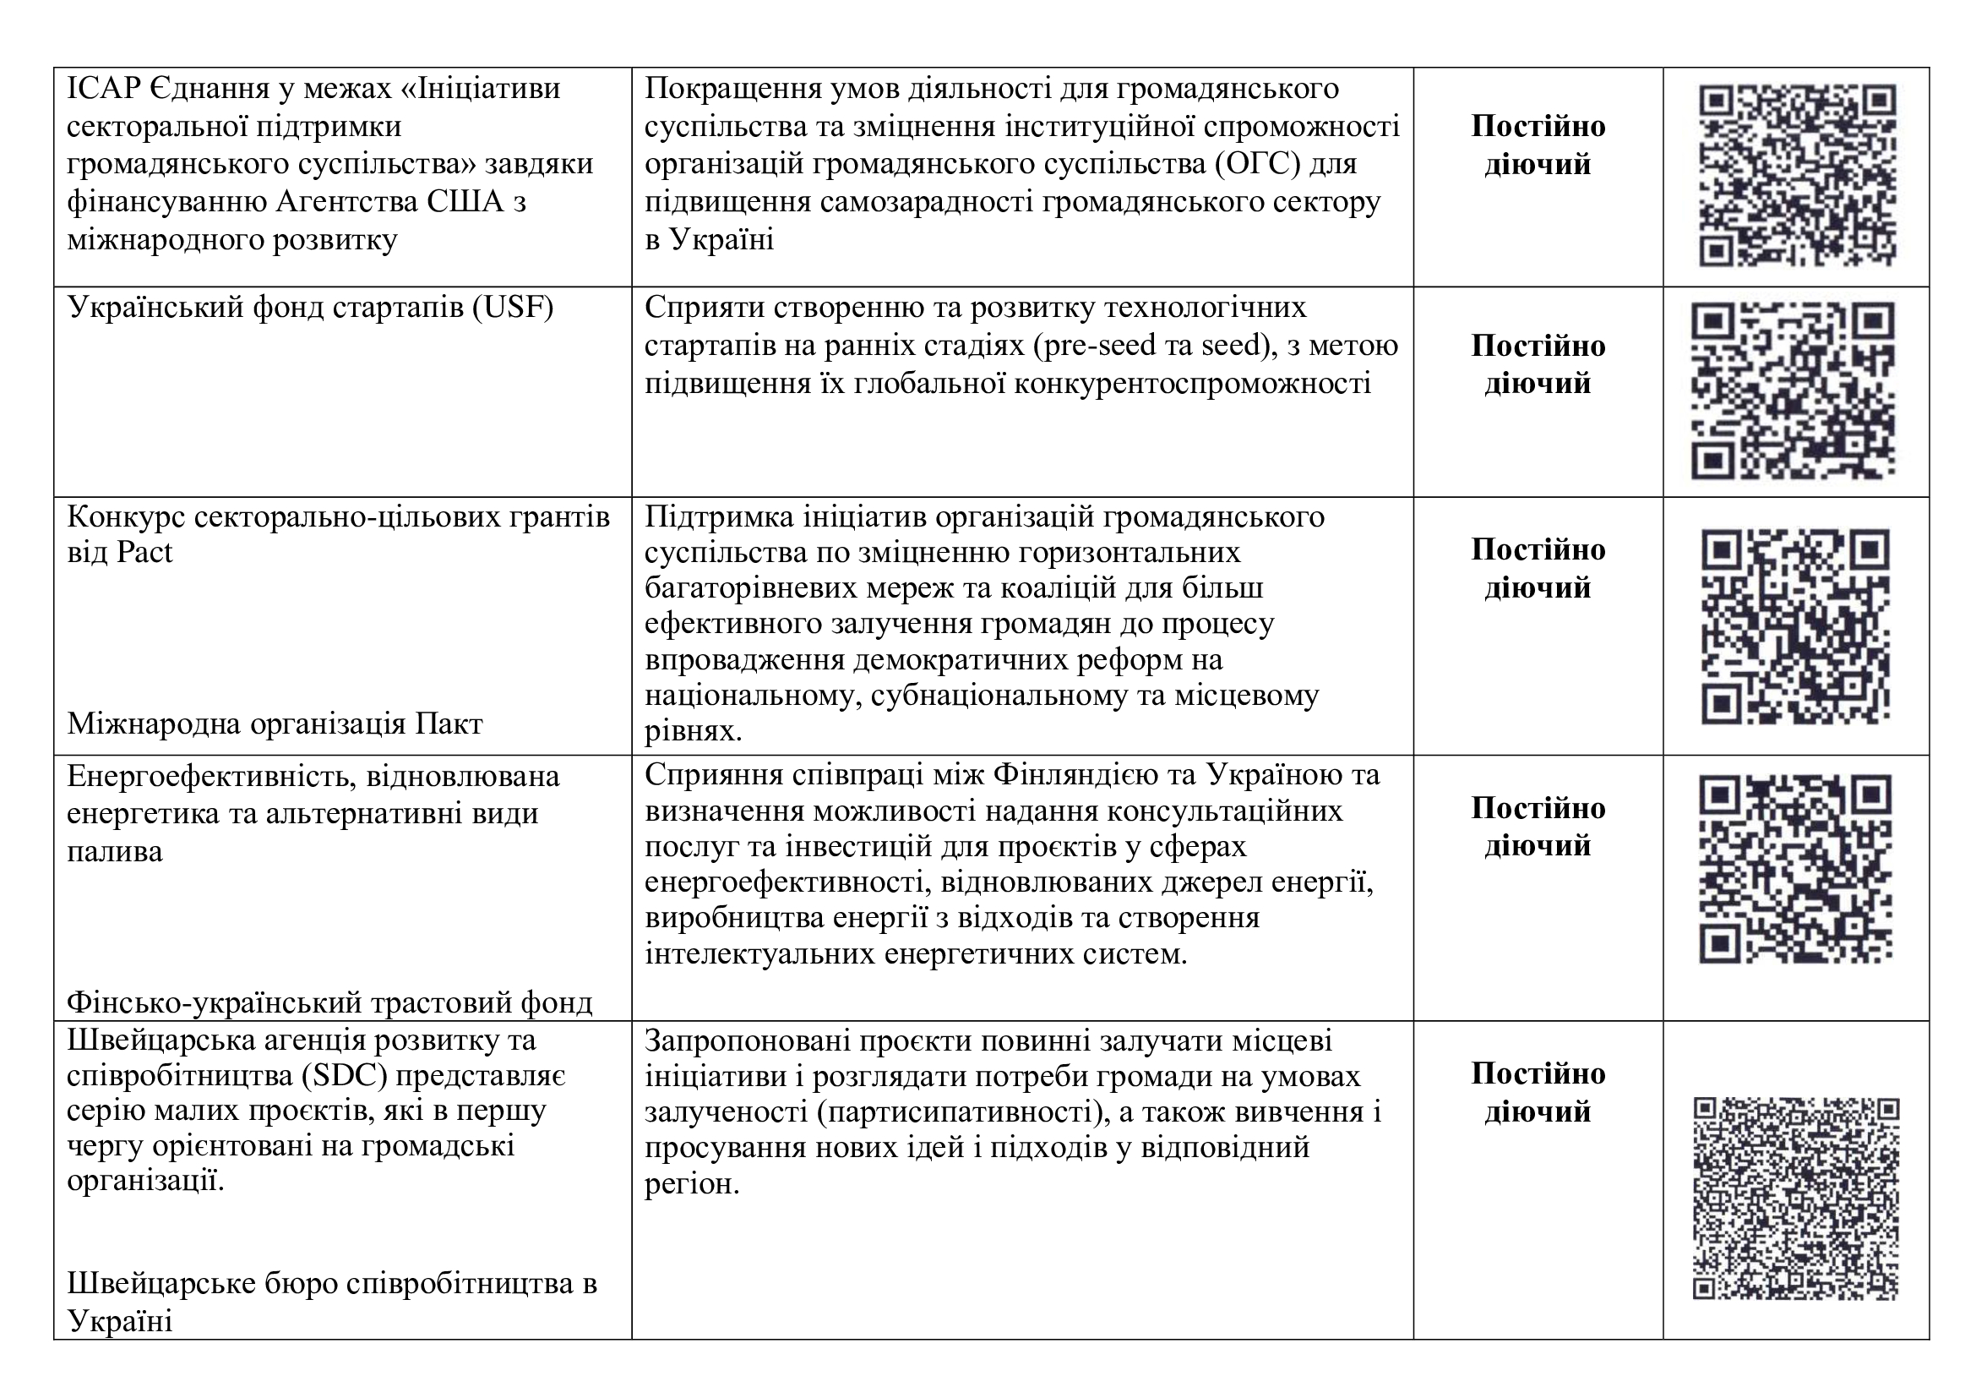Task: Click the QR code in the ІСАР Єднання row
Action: pyautogui.click(x=1797, y=176)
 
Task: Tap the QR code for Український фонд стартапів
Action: pyautogui.click(x=1794, y=390)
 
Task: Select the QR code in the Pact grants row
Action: pyautogui.click(x=1796, y=625)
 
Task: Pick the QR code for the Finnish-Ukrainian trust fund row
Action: pyautogui.click(x=1795, y=870)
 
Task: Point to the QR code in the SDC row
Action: pyautogui.click(x=1796, y=1199)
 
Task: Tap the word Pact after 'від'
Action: pyautogui.click(x=144, y=553)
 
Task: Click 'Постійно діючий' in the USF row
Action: pyautogui.click(x=1537, y=364)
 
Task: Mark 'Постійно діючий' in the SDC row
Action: pyautogui.click(x=1537, y=1092)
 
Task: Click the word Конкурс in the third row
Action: pyautogui.click(x=124, y=516)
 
